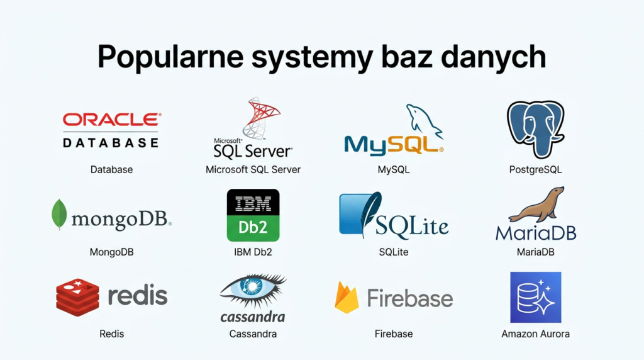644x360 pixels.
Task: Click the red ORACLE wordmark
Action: point(111,120)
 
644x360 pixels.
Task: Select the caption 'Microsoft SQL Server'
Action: point(253,169)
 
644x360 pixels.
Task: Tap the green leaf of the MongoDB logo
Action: point(59,214)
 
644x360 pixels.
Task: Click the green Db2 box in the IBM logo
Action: point(253,227)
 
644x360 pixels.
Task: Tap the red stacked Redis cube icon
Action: point(77,296)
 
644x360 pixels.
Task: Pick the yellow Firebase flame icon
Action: point(347,298)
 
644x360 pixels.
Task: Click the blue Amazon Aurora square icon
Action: point(535,297)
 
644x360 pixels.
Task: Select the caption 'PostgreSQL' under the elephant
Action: point(535,169)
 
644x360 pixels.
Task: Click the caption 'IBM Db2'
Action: point(253,252)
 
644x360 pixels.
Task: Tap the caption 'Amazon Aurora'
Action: point(535,334)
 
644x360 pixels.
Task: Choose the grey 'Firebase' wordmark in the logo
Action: point(409,298)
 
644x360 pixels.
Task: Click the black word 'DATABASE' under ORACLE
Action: point(111,143)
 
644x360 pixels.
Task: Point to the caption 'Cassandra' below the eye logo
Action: point(253,334)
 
